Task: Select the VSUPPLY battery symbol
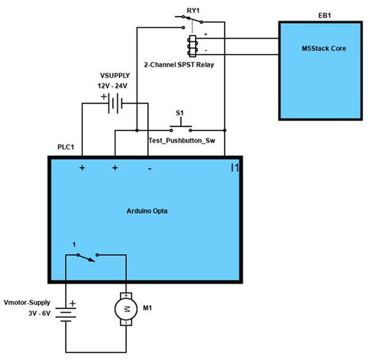pos(115,104)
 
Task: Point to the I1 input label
pos(234,167)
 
